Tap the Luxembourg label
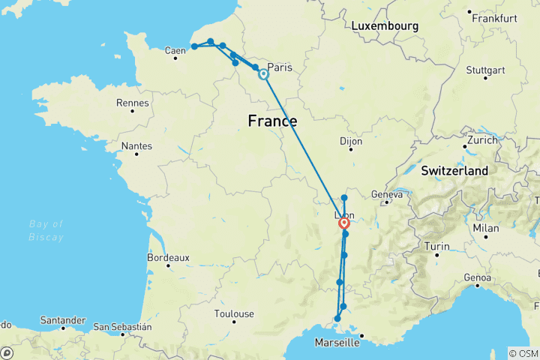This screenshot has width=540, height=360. pos(385,26)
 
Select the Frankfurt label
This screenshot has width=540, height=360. pos(492,17)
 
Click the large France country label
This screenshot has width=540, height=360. pos(272,121)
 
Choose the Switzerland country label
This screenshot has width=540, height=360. pos(454,171)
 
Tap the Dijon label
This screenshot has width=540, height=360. pos(350,141)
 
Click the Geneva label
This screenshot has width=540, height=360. pos(387,193)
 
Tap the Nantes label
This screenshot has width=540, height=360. pos(136,146)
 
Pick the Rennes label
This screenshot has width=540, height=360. pos(133,103)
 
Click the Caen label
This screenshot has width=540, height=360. pos(175,51)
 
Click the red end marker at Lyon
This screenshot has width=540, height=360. pos(344,223)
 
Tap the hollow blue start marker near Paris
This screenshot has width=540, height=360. pos(263,74)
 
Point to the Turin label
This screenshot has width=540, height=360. pos(436,246)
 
